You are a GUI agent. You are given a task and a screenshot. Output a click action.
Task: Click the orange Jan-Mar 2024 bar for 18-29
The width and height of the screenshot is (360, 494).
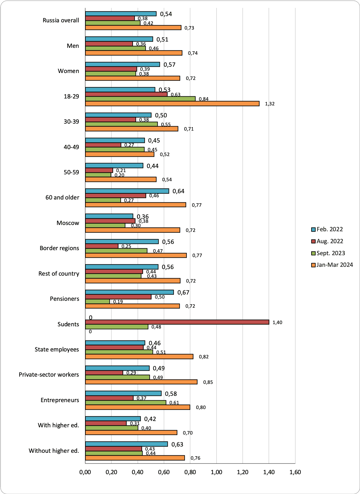172,104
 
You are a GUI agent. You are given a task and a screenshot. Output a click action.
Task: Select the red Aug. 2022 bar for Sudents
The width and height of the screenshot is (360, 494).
177,322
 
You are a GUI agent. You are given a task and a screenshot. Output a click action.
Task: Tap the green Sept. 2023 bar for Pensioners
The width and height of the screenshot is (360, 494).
98,301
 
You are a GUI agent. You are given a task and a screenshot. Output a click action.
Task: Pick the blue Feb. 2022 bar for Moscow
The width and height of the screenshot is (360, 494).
109,216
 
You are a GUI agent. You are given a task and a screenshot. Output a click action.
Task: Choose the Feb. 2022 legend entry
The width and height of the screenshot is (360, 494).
327,229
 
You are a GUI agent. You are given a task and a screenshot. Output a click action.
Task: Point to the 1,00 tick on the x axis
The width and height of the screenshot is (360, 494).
216,472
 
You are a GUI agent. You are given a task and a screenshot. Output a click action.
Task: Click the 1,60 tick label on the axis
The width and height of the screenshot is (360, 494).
295,472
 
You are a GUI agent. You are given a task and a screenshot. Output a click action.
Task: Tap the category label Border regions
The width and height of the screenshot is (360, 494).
59,248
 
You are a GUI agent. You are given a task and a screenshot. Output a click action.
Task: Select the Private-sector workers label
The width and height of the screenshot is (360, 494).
49,374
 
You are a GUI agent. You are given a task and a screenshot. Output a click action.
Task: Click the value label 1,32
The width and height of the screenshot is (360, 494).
270,104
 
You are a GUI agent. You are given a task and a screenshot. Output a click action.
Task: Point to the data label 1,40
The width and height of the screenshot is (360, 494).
277,322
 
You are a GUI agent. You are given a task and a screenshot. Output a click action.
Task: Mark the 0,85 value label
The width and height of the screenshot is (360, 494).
208,382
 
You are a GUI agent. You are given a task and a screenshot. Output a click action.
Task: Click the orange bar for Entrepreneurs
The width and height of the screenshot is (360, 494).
138,407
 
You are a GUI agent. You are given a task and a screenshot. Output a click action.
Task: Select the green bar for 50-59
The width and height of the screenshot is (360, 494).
98,175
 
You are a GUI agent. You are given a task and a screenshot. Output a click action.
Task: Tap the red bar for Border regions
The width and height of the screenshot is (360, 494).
102,246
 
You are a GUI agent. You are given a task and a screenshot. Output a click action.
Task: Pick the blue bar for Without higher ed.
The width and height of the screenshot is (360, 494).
126,444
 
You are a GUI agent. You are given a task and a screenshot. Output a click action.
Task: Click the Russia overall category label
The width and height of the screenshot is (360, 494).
61,20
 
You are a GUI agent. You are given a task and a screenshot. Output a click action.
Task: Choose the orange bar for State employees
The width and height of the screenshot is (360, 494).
139,356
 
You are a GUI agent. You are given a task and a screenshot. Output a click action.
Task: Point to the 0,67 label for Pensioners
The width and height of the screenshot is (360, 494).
183,292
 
